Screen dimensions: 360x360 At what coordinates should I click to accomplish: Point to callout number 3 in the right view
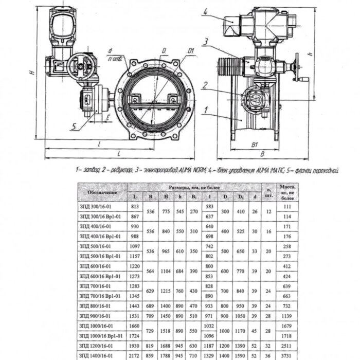point(205,41)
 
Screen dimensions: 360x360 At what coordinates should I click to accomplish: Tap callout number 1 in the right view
point(205,110)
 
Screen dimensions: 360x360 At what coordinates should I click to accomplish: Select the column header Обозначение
point(102,192)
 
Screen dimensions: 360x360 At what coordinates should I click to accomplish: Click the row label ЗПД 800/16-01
point(96,305)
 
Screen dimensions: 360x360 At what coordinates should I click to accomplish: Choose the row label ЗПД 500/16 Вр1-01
point(100,256)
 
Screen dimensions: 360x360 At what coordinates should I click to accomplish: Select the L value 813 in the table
point(135,206)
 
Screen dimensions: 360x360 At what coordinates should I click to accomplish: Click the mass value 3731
point(287,354)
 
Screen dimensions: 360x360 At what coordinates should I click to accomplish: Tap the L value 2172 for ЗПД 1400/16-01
point(135,354)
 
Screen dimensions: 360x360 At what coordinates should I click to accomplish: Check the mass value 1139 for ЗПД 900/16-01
point(287,315)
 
